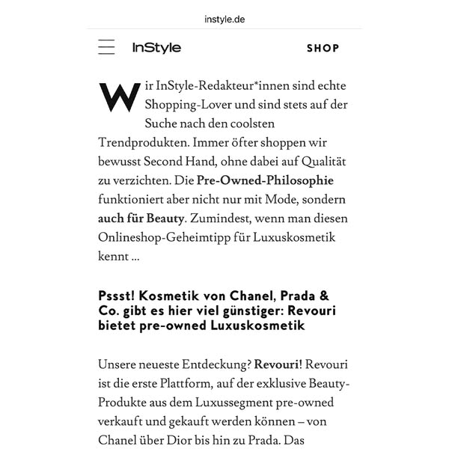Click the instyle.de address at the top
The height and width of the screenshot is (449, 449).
pos(224,18)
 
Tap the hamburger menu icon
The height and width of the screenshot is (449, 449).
pos(106,48)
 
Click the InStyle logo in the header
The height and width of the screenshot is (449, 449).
pos(156,48)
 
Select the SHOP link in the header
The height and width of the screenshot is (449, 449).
pos(323,49)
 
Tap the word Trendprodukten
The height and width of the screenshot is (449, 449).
pos(143,141)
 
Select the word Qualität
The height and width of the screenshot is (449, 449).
pos(323,159)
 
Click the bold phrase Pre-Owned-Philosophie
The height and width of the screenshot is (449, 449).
pos(265,180)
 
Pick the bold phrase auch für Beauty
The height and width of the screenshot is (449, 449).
pos(141,219)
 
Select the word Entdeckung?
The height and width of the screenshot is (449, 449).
pos(213,364)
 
